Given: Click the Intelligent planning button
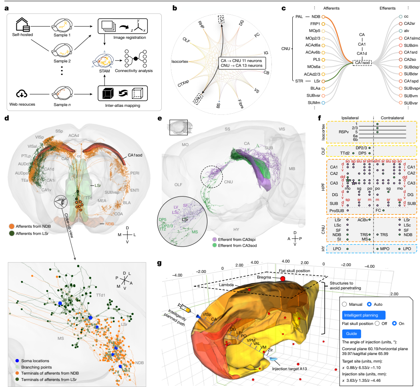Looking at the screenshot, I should (x=363, y=314).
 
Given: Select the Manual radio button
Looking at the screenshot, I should (x=345, y=304).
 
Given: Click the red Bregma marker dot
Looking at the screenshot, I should (x=283, y=278).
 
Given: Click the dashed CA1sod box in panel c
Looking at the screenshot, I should (x=363, y=62).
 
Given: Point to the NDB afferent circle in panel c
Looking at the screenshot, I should (x=324, y=17).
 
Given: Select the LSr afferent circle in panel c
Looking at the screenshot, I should (x=324, y=81).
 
